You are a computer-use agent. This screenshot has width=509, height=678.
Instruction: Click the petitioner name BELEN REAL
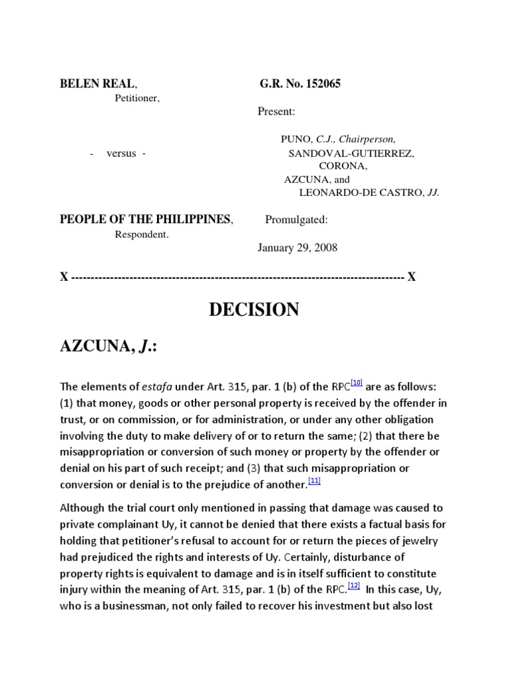98,84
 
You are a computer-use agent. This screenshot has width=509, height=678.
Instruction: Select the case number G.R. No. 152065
300,84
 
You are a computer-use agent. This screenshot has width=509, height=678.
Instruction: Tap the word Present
276,112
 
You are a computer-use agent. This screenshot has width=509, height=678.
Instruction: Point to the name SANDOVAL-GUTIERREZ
351,153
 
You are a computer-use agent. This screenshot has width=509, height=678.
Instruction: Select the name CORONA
343,166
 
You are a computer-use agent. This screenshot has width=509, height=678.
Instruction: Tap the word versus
121,153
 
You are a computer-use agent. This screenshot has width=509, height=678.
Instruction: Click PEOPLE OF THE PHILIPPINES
146,220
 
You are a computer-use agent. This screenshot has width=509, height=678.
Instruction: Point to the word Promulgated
296,220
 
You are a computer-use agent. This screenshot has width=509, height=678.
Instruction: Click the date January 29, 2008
297,248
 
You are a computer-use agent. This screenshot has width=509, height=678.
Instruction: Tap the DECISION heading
254,309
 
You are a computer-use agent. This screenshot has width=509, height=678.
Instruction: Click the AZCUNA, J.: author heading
109,346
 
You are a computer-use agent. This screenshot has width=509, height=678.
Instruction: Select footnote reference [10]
357,382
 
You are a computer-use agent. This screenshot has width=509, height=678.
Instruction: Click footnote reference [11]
314,481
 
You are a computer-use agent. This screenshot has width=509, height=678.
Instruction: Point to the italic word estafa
158,386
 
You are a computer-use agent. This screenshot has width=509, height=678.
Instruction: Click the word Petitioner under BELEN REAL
137,98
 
